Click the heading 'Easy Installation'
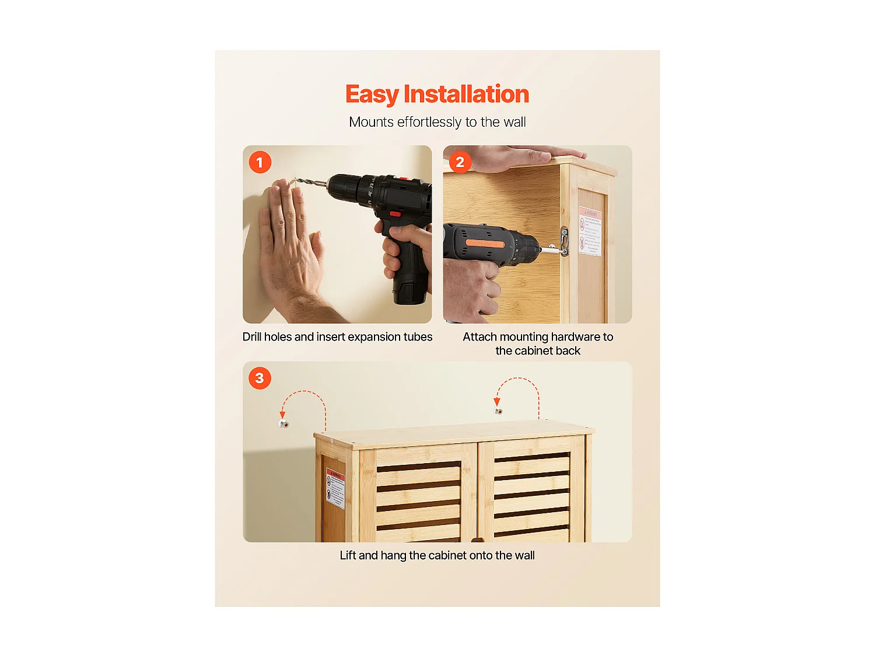point(437,94)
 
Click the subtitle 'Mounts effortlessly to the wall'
point(437,122)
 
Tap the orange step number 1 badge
point(260,162)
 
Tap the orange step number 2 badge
point(460,162)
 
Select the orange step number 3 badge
point(260,378)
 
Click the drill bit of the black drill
point(309,184)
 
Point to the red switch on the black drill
point(395,214)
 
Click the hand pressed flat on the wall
point(289,245)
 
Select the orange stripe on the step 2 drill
point(484,243)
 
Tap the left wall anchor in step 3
point(284,424)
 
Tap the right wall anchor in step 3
point(498,411)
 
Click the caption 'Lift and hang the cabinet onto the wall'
point(437,555)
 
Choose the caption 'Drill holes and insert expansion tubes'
point(337,337)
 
